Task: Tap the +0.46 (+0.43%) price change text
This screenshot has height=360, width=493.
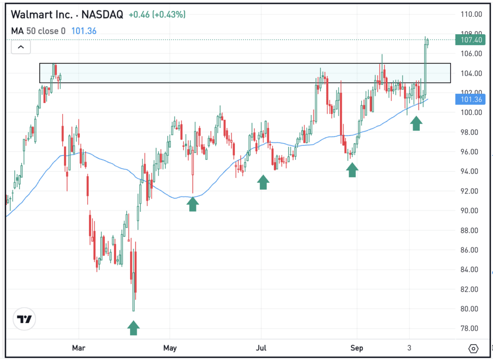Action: [x=156, y=15]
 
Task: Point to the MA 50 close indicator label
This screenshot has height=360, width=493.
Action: [x=39, y=31]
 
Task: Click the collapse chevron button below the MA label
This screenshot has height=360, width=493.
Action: [x=21, y=47]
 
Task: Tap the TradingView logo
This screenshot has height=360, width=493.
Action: [x=25, y=319]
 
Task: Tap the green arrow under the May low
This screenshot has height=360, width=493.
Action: [x=193, y=204]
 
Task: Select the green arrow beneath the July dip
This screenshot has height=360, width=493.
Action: [x=263, y=182]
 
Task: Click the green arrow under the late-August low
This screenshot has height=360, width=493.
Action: [x=352, y=169]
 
